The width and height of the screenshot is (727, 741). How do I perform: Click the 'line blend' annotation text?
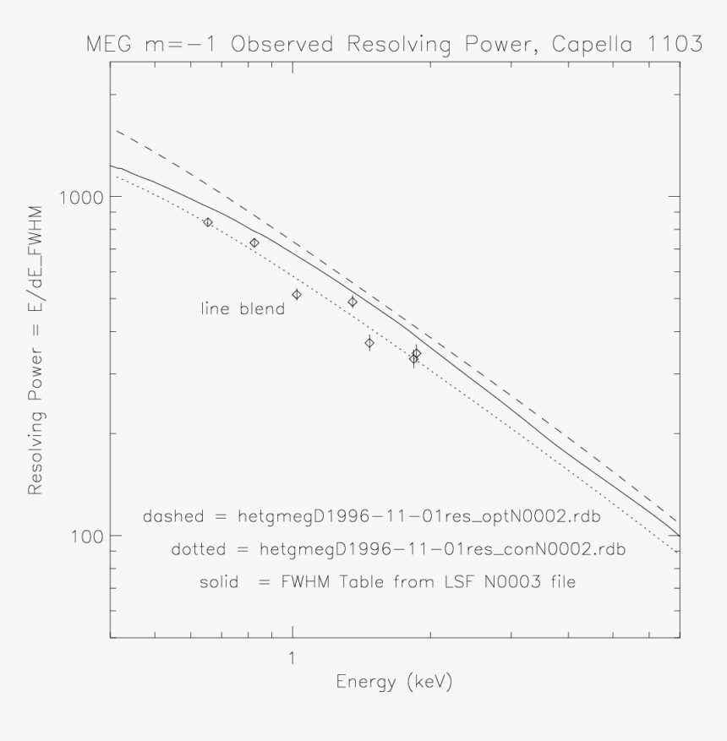click(x=241, y=308)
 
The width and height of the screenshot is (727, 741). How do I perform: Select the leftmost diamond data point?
click(x=208, y=222)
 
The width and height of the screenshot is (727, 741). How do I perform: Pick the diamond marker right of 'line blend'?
click(x=297, y=294)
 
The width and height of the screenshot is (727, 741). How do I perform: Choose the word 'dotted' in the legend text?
click(x=198, y=549)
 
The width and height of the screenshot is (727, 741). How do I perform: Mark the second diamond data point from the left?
click(x=254, y=243)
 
